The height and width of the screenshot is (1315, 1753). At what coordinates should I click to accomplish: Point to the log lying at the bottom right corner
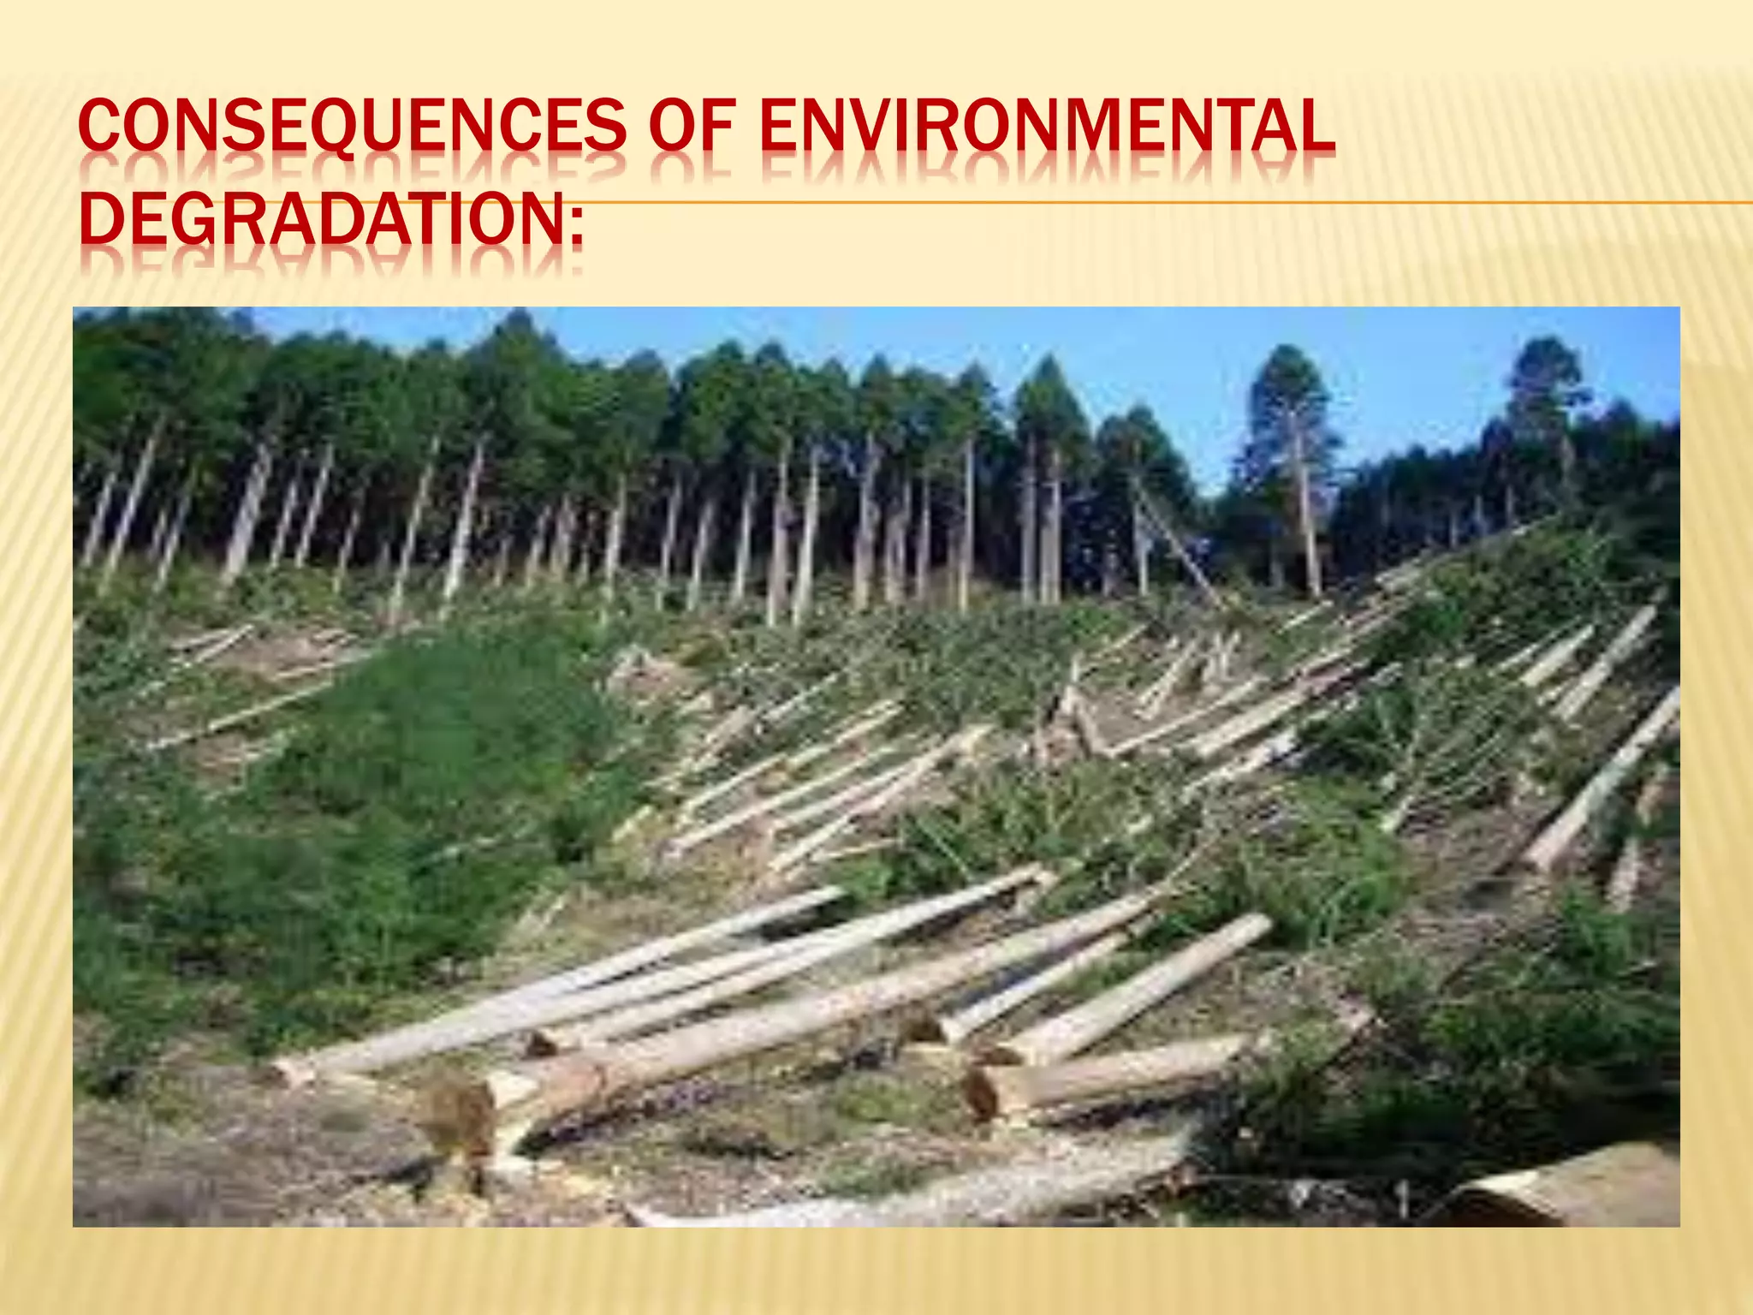coord(1584,1190)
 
